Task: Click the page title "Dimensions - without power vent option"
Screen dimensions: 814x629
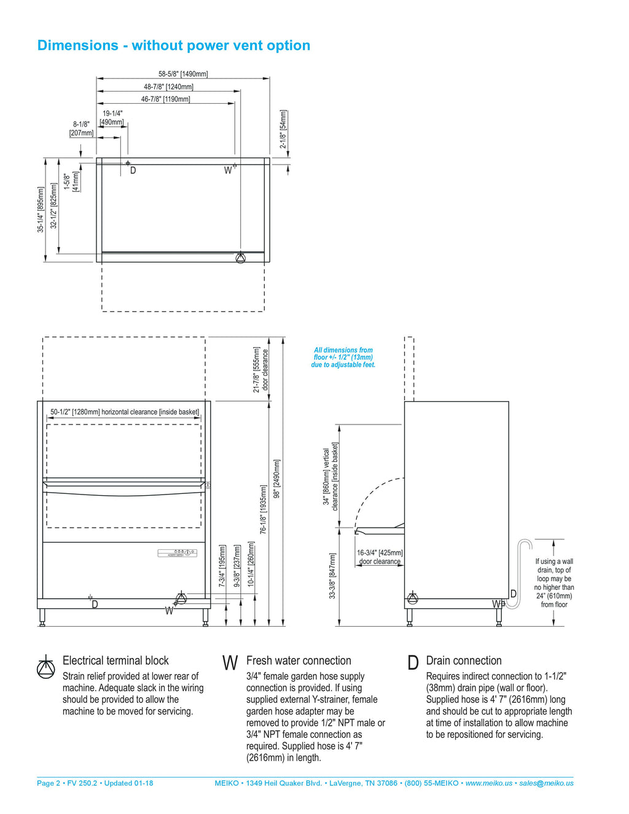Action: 174,45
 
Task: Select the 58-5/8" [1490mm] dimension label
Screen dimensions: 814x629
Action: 183,74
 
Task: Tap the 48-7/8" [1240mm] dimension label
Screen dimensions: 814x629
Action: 168,87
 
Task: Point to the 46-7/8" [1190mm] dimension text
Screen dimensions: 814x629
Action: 166,100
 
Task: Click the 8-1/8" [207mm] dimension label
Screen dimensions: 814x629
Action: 81,128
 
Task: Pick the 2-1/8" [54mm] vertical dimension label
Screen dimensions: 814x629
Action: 283,129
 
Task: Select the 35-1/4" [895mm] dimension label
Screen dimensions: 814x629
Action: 41,209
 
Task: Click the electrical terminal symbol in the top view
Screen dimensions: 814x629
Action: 240,258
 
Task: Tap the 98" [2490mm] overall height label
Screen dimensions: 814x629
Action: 277,479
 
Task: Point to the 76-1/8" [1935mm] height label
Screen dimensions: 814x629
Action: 263,509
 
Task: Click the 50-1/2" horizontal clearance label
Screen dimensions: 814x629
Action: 125,412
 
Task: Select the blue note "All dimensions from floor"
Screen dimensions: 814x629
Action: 343,358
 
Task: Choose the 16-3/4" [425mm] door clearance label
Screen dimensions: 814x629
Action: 380,557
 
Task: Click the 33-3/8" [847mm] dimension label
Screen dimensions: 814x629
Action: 332,576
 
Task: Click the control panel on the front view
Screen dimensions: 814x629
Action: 177,553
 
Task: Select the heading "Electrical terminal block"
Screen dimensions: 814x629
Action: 115,661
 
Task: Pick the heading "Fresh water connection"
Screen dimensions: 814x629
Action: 299,661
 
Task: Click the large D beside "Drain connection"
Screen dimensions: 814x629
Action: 413,663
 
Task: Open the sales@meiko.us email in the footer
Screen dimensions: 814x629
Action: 546,783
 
